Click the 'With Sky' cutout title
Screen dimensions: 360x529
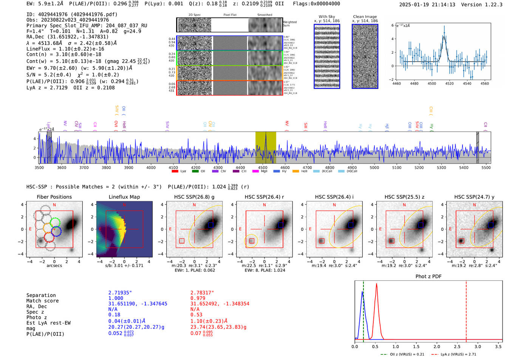pos(327,17)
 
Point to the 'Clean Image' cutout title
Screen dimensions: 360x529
pos(365,17)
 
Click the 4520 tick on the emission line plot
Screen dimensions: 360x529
pos(449,83)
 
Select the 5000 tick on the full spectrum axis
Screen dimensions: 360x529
pos(374,167)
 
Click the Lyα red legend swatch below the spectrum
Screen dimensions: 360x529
pos(175,172)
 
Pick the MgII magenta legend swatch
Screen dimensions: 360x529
pos(255,172)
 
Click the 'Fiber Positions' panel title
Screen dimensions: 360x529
pos(54,197)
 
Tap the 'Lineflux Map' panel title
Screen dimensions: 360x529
pos(124,197)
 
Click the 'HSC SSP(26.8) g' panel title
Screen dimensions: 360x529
pos(194,197)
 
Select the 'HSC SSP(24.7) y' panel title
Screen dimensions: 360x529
pos(474,197)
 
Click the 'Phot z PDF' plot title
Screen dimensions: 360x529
pos(428,277)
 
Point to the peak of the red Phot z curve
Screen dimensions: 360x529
pos(376,284)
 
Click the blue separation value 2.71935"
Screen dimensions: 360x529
pos(120,293)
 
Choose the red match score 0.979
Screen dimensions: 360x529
pos(198,298)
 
